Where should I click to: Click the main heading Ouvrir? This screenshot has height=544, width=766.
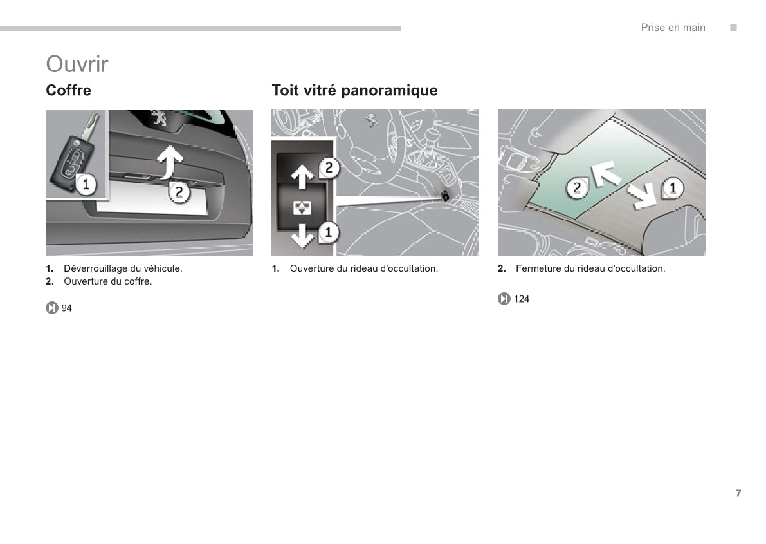pos(77,64)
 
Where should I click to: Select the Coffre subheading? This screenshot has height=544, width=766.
pos(68,90)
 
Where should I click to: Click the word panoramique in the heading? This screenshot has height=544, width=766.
pos(389,91)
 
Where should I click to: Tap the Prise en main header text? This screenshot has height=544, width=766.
pos(673,28)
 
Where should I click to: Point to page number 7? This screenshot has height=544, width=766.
pos(738,493)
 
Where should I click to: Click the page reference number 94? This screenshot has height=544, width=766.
pos(66,308)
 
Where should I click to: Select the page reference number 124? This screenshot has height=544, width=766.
pos(521,299)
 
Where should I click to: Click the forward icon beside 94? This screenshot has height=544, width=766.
pos(52,308)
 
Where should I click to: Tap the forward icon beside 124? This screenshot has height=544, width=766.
pos(504,299)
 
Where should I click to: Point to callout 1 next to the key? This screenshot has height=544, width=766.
pos(86,185)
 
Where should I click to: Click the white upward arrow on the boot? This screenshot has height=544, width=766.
pos(170,162)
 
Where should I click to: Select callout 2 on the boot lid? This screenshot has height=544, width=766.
pos(179,192)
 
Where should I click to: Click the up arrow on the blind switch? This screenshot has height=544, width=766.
pos(302,176)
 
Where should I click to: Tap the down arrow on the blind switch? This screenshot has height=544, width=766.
pos(302,236)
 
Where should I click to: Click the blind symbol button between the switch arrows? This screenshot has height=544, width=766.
pos(302,207)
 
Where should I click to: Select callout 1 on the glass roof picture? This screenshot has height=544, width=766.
pos(672,188)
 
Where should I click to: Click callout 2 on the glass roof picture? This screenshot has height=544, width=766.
pos(577,188)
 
